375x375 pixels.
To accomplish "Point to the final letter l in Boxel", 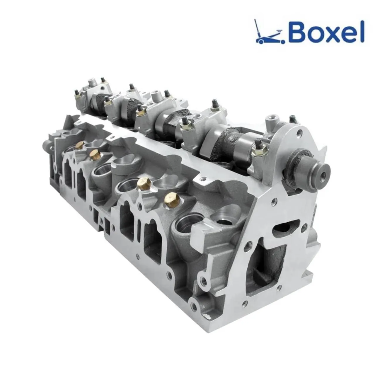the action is [x=362, y=30].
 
